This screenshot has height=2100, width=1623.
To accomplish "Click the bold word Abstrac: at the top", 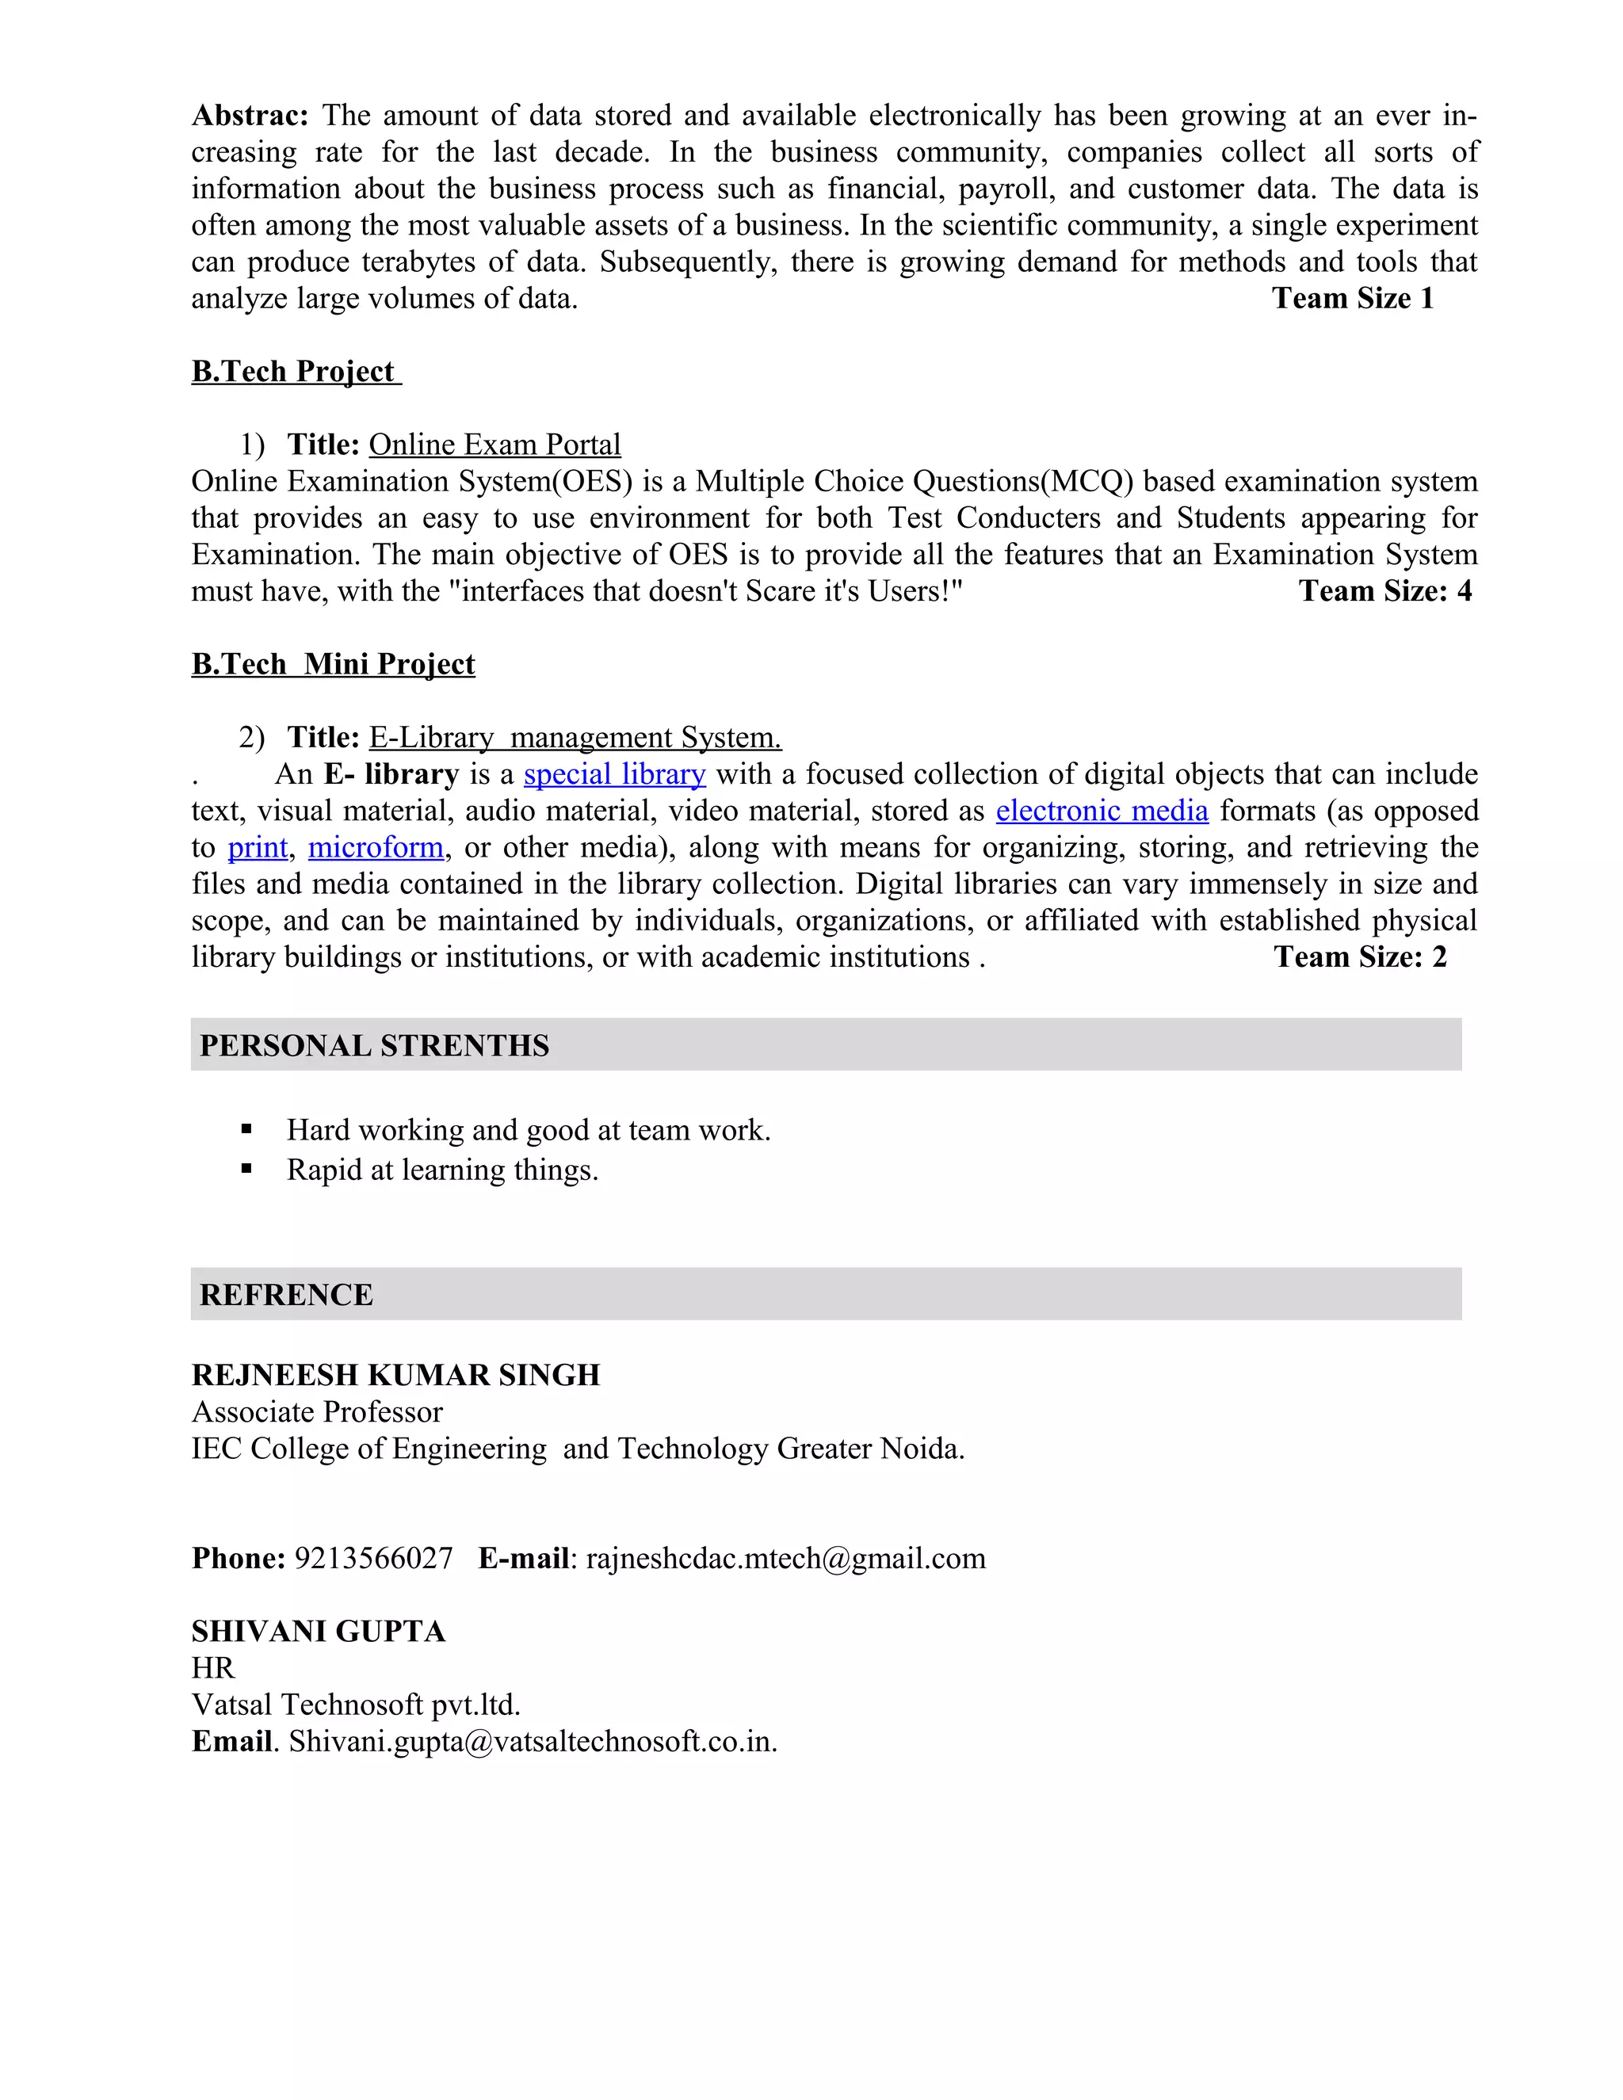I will (249, 116).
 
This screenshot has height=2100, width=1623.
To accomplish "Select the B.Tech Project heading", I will (294, 371).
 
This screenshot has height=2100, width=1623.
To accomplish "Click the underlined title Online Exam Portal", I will (495, 445).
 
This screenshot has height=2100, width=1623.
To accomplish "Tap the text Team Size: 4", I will (1384, 590).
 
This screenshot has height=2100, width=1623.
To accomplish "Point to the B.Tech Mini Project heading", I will (333, 663).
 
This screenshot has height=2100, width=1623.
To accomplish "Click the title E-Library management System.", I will (575, 738).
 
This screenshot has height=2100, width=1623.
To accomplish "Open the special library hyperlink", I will (614, 774).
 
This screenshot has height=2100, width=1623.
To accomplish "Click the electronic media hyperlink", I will (1101, 811).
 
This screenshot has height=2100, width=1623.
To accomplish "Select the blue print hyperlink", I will (257, 847).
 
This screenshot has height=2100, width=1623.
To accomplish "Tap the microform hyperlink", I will (375, 847).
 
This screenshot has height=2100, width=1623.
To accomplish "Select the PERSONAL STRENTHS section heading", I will (374, 1045).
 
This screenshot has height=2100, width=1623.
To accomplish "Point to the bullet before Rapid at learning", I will (247, 1169).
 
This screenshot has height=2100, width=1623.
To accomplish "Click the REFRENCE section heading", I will (285, 1294).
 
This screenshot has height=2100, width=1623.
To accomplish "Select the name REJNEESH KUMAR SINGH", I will (395, 1375).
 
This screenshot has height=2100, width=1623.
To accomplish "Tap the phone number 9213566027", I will (373, 1558).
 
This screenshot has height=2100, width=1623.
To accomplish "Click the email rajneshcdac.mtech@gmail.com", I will (785, 1558).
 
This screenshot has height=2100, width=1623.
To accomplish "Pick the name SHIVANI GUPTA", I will (319, 1631).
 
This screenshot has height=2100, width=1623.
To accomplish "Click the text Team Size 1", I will (1352, 298).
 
